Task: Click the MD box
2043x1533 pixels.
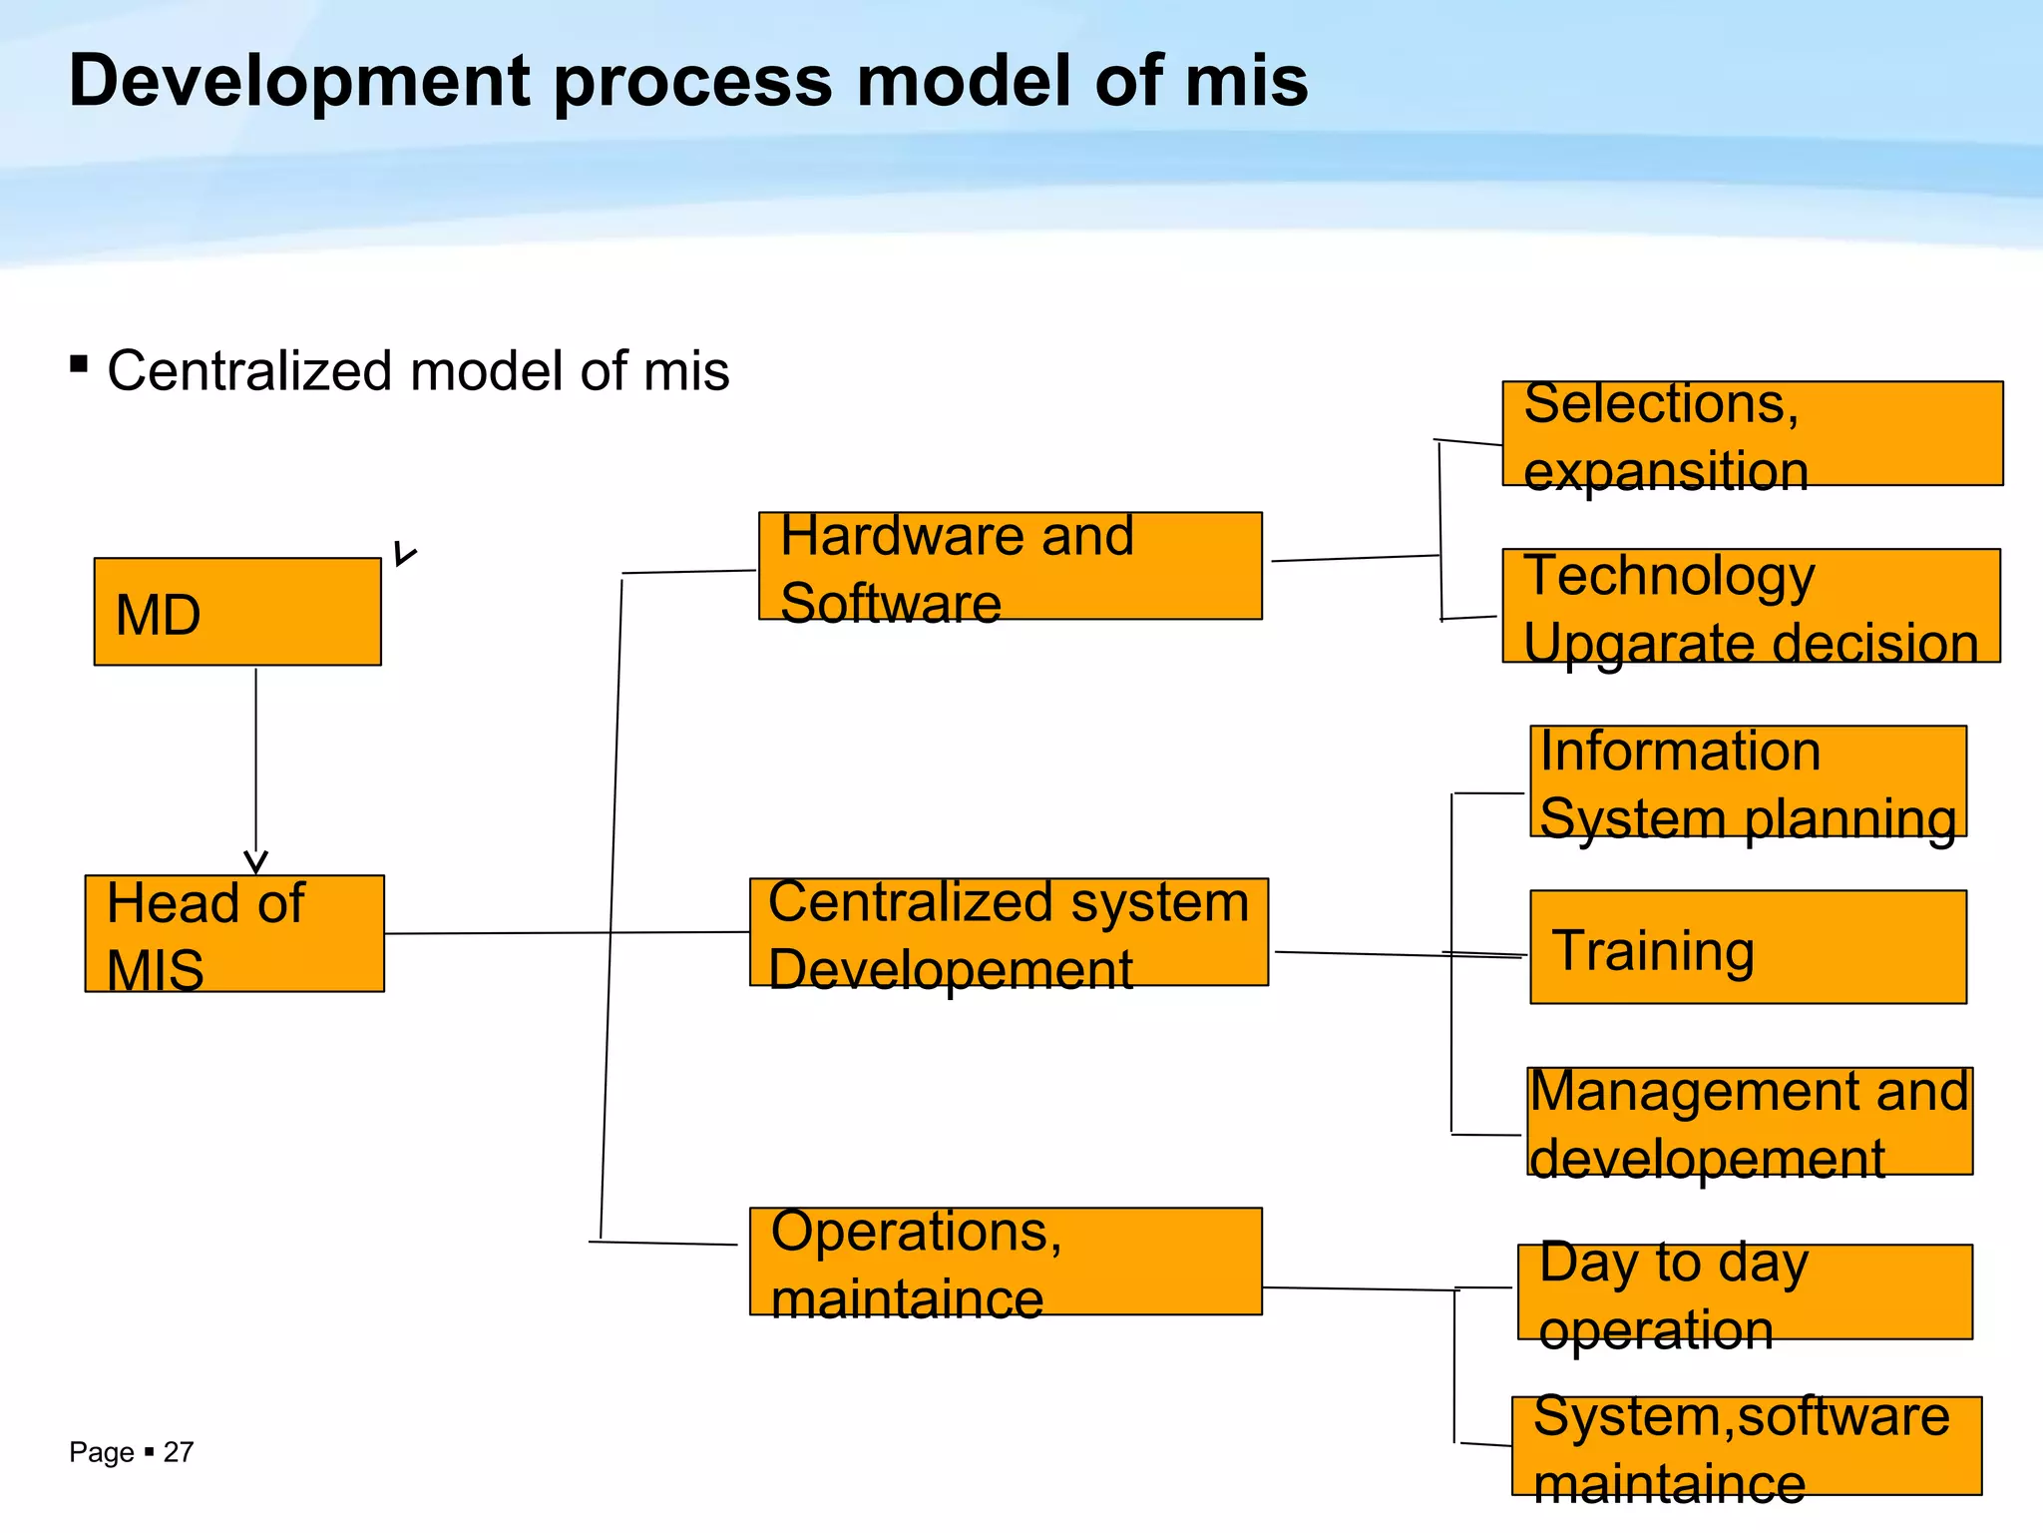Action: (237, 612)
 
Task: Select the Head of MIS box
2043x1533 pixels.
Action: (234, 933)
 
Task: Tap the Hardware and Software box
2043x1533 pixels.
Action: (1010, 566)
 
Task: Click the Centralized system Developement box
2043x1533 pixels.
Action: (1009, 932)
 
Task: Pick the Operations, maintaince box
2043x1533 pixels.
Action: (1006, 1262)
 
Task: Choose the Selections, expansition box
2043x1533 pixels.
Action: (1752, 433)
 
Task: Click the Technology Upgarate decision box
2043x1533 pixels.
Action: (1751, 606)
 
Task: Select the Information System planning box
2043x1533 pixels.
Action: (1748, 781)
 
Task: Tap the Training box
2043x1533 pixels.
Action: (1748, 947)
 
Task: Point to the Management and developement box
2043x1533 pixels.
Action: (1750, 1121)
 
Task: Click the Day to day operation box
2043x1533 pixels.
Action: (1745, 1291)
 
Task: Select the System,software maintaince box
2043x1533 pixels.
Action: (1747, 1445)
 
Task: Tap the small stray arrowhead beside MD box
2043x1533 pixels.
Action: (404, 555)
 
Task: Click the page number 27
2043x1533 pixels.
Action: (179, 1452)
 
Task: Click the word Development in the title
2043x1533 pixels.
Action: (298, 81)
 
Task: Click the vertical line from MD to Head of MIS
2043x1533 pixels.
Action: (256, 759)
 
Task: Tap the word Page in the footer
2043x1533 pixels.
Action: (101, 1452)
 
